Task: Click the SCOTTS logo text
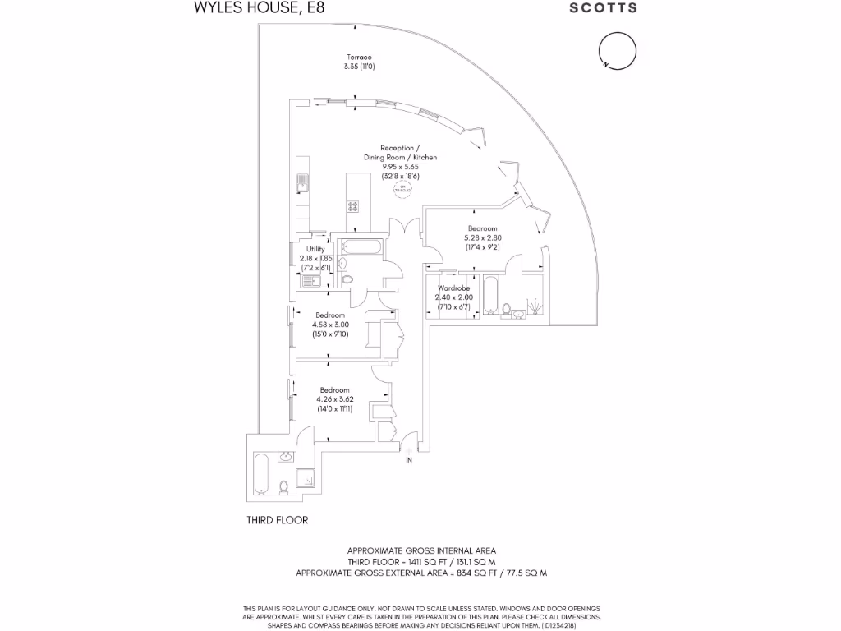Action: (x=604, y=8)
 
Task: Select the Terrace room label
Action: (x=359, y=58)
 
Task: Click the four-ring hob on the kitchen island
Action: (x=353, y=206)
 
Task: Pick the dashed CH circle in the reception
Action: (x=402, y=190)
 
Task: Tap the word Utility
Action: (x=315, y=249)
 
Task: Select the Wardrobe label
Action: (x=453, y=288)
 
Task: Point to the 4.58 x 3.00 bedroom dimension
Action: (x=331, y=324)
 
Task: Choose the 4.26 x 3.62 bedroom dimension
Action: (x=334, y=399)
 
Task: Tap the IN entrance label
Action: (x=409, y=460)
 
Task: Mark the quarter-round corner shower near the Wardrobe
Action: (x=535, y=306)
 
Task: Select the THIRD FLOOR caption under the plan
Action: (x=278, y=520)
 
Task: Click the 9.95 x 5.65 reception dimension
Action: (x=400, y=166)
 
